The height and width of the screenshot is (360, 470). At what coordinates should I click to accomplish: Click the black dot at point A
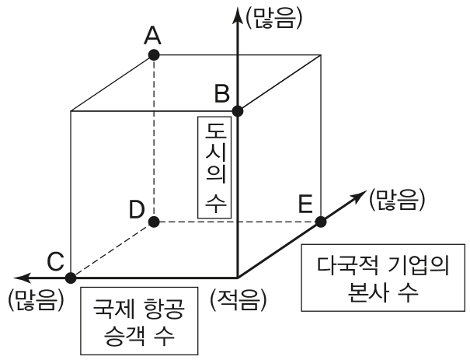[x=154, y=55]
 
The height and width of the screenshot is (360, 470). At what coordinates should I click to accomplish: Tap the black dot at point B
[x=238, y=110]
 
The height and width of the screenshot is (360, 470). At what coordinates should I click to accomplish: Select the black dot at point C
[x=71, y=277]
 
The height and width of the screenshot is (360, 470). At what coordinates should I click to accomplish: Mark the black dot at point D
[x=154, y=222]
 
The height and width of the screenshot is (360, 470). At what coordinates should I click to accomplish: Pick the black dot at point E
[x=321, y=222]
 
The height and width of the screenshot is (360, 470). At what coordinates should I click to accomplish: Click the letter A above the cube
[x=153, y=34]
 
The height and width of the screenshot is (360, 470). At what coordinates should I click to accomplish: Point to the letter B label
[x=221, y=94]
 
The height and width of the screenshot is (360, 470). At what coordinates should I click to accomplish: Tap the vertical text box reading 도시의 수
[x=215, y=170]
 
